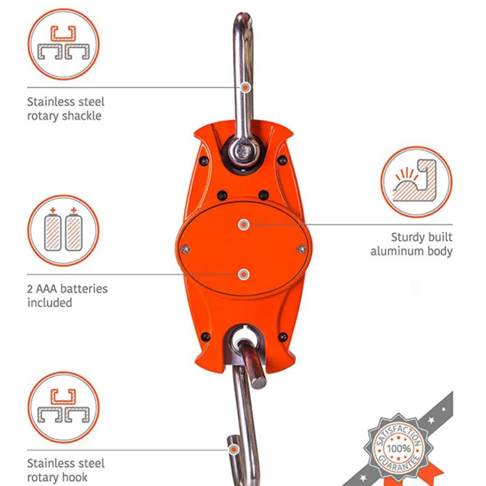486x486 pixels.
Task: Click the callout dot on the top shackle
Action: click(x=245, y=87)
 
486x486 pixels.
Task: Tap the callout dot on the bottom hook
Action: click(x=233, y=450)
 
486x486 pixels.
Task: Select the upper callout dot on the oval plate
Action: click(x=244, y=224)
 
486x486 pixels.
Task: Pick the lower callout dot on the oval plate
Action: click(x=244, y=275)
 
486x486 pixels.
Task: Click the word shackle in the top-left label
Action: click(x=82, y=115)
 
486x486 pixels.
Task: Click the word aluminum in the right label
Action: click(x=397, y=251)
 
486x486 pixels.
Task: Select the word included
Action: click(x=50, y=303)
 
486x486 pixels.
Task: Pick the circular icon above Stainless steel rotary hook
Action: click(x=63, y=408)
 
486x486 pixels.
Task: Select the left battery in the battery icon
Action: click(x=53, y=231)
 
